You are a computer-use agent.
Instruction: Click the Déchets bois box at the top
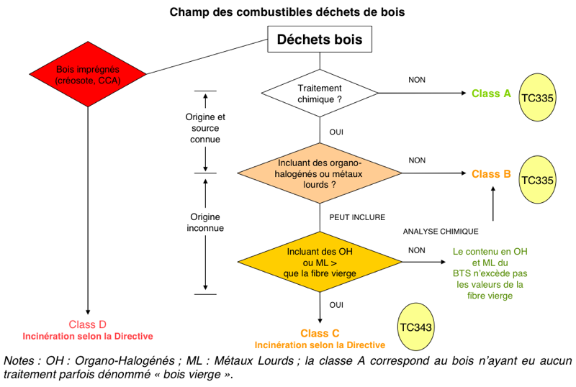point(320,39)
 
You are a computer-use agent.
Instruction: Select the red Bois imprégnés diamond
point(88,74)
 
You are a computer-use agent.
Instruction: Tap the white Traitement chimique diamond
point(320,94)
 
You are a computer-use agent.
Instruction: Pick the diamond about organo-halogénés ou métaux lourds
point(320,173)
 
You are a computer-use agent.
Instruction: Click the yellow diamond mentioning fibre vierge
point(320,262)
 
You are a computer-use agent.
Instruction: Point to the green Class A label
point(491,94)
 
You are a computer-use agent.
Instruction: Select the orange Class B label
point(491,174)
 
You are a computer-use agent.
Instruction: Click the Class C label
point(320,333)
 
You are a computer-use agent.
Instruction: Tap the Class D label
point(87,324)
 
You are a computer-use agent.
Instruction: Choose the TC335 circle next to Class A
point(537,97)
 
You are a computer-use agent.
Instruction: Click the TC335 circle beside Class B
point(537,180)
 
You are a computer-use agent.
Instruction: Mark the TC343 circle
point(416,327)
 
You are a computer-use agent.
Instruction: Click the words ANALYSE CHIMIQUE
point(441,232)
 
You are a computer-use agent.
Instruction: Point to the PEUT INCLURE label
point(357,217)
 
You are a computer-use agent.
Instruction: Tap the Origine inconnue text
point(205,222)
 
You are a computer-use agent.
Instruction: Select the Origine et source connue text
point(205,128)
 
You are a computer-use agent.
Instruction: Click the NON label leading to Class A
point(417,80)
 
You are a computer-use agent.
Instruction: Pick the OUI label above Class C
point(336,305)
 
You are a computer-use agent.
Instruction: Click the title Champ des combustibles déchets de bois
point(287,12)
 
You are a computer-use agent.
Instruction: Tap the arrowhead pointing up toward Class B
point(493,188)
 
